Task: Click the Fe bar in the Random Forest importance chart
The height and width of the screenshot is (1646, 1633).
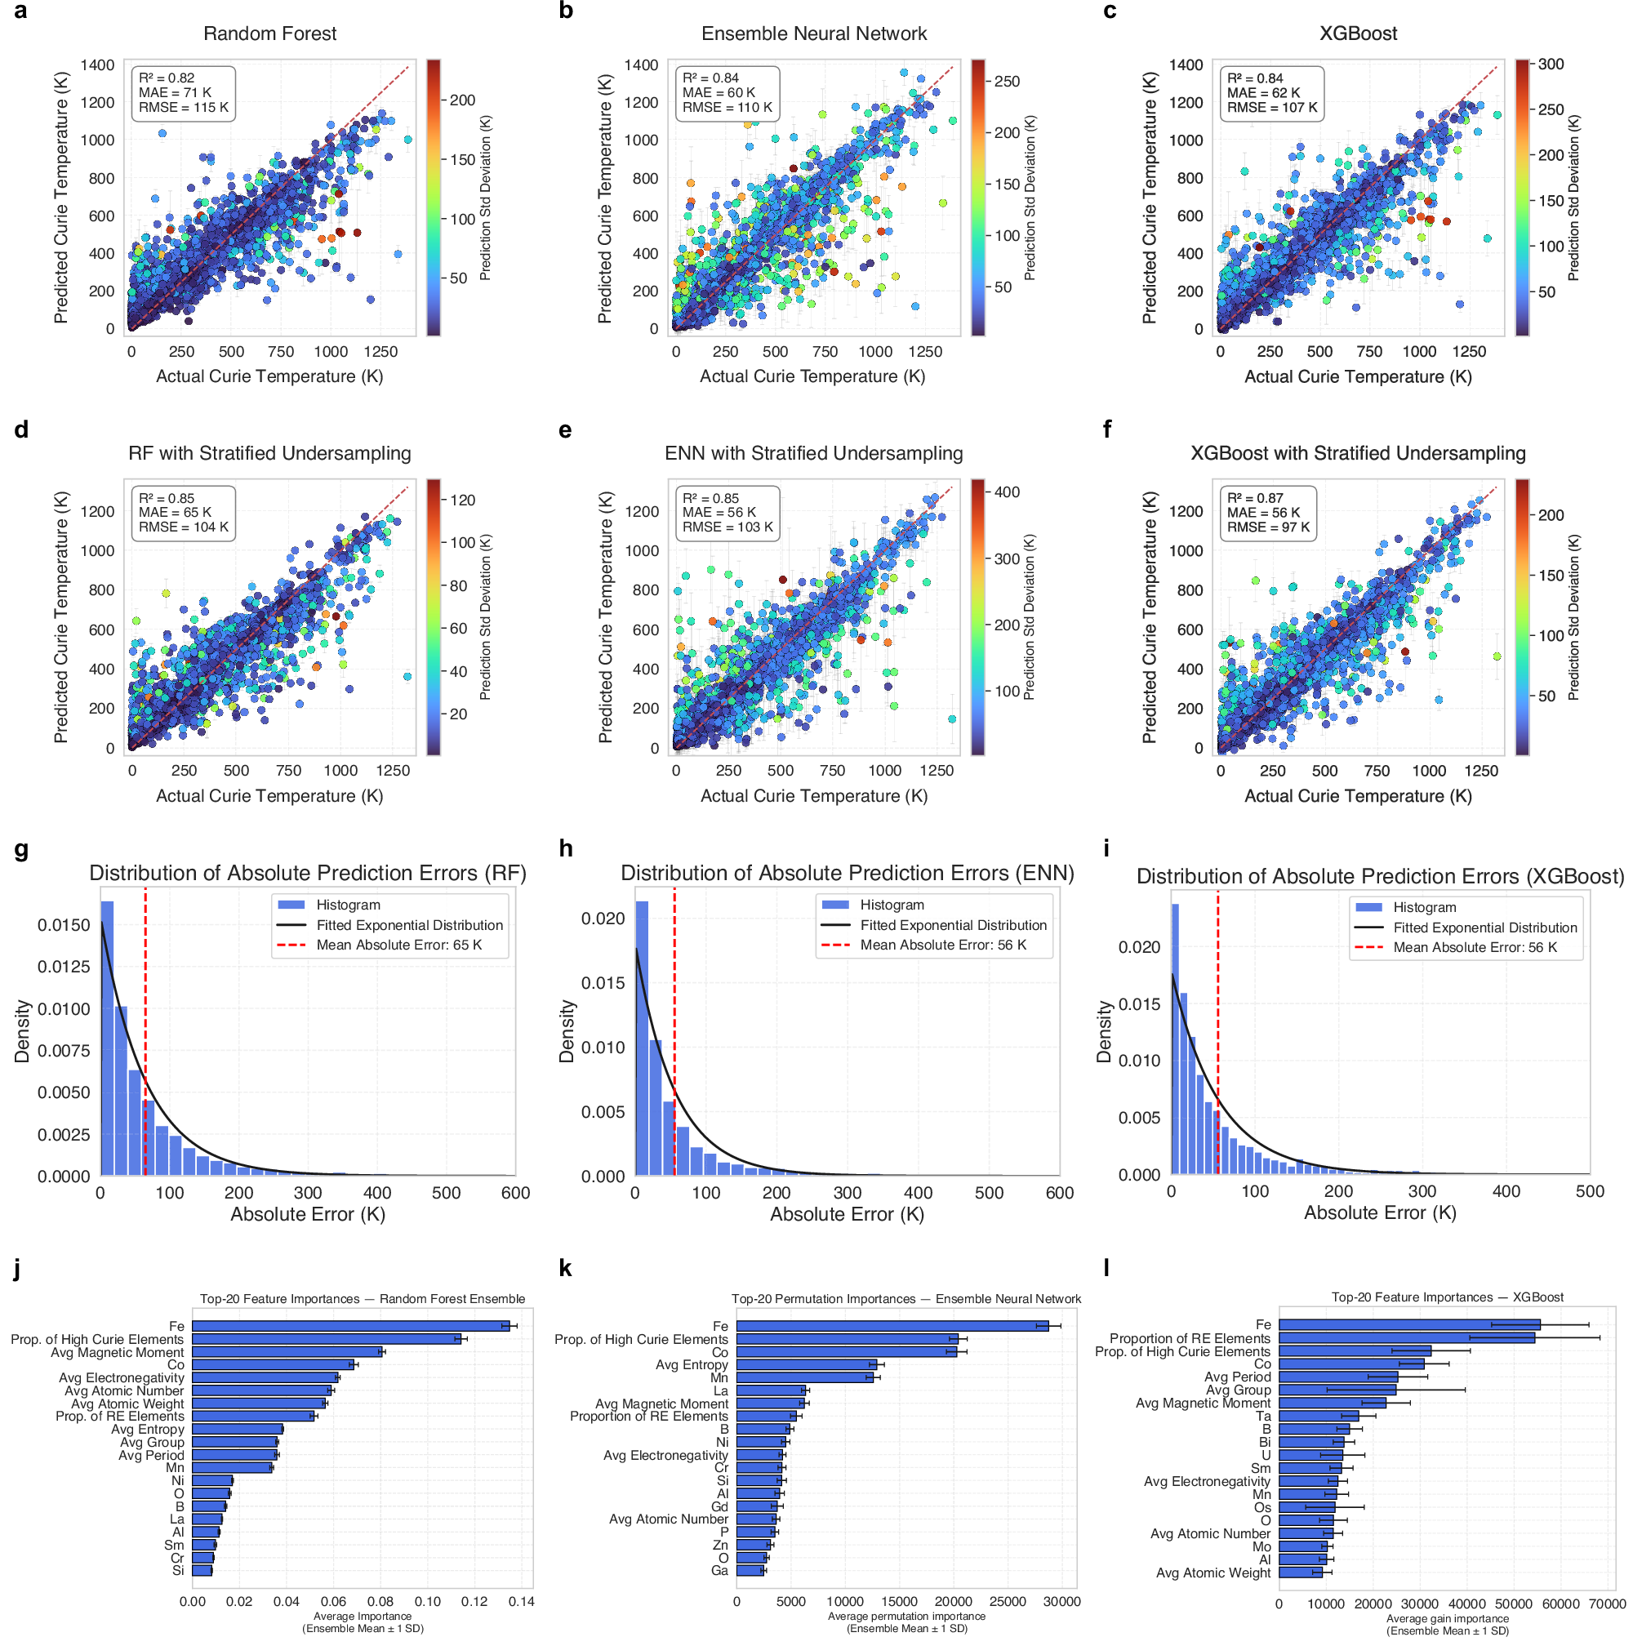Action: tap(349, 1326)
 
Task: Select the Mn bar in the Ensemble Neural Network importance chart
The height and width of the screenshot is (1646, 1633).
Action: tap(804, 1377)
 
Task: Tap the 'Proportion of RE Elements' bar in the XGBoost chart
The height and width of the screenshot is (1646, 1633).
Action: tap(1405, 1337)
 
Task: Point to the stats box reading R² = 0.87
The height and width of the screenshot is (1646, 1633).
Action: tap(1266, 512)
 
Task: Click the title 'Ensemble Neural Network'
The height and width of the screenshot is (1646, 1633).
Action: tap(813, 33)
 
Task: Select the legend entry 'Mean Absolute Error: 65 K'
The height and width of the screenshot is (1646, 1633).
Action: tap(398, 945)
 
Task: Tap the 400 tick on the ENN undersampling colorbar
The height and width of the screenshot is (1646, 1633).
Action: tap(1007, 492)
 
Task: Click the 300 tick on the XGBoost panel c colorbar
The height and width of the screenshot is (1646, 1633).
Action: tap(1551, 64)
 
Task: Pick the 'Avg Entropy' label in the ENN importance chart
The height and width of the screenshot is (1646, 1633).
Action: tap(691, 1364)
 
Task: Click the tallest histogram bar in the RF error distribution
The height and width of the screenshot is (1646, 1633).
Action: tap(107, 1038)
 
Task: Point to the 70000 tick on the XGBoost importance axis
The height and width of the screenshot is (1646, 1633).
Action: tap(1607, 1604)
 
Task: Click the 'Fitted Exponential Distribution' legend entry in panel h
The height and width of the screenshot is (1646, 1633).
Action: tap(952, 925)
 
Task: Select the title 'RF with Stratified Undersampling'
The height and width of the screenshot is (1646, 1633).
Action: tap(269, 453)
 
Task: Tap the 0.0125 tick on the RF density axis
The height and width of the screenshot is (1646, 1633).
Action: tap(64, 966)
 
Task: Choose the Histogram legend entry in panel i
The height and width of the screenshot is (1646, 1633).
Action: tap(1423, 907)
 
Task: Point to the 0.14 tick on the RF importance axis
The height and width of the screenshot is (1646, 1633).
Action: tap(521, 1602)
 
